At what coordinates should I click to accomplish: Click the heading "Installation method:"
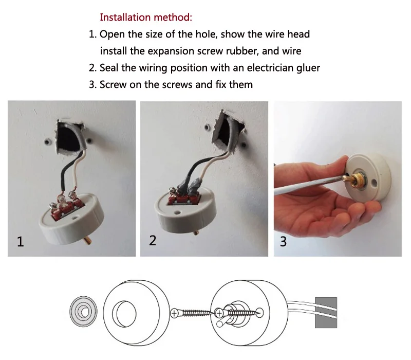[x=146, y=17]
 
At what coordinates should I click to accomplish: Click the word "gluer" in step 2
[x=306, y=68]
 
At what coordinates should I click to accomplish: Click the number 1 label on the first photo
[x=21, y=241]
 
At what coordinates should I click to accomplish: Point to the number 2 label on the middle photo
[x=153, y=240]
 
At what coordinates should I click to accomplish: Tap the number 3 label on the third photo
[x=284, y=241]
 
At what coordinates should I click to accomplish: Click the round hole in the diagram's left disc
[x=124, y=312]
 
